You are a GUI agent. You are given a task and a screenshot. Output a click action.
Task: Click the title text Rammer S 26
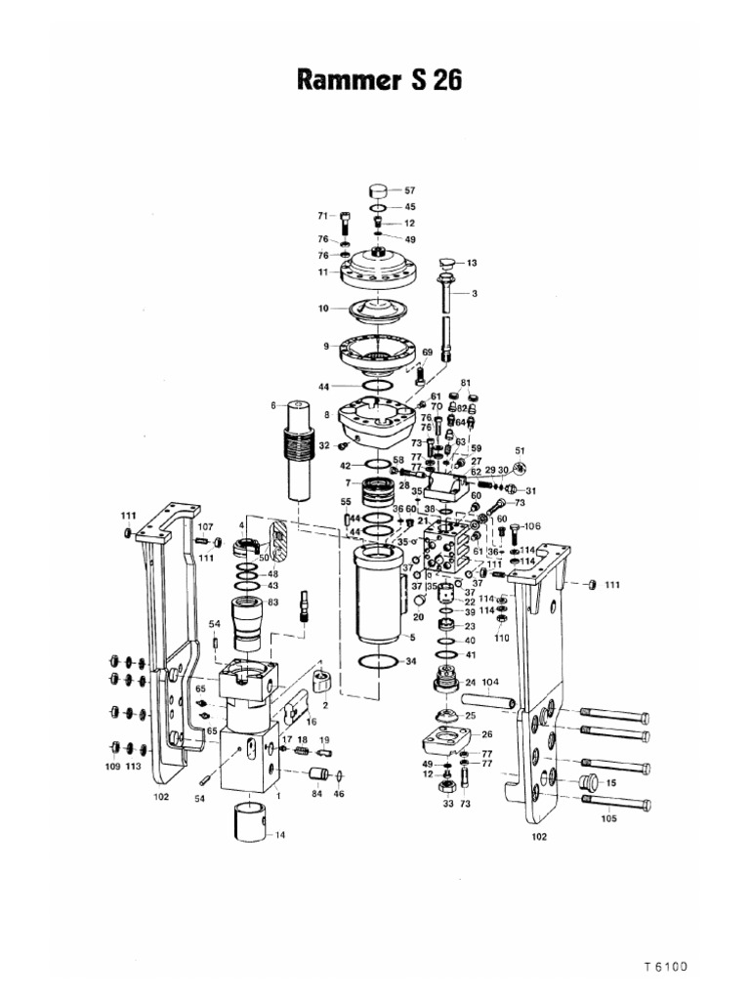point(375,81)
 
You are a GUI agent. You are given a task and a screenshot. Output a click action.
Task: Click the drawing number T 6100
point(666,967)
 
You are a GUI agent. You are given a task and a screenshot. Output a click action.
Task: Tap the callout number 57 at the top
point(410,190)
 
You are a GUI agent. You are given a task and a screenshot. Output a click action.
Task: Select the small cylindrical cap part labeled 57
point(379,190)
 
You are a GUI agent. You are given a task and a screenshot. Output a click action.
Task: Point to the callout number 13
point(472,263)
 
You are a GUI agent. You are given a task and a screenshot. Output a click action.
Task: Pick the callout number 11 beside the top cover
point(321,272)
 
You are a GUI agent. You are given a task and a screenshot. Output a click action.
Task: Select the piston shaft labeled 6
point(297,454)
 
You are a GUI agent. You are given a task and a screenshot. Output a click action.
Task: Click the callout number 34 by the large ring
point(410,661)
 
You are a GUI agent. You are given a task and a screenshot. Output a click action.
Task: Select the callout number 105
point(608,819)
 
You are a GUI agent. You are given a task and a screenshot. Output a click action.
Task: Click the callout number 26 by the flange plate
point(486,734)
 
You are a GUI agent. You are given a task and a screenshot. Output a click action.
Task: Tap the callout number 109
point(112,768)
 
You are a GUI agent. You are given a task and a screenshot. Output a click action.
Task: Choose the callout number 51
point(521,451)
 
